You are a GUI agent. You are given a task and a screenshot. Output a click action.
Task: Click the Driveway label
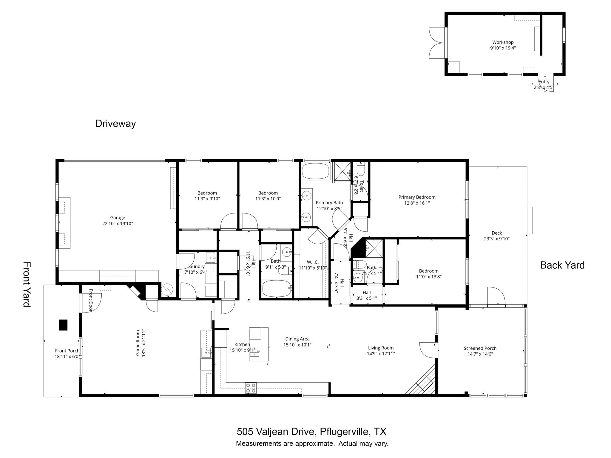point(115,123)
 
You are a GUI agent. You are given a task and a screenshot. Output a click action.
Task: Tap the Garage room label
point(118,218)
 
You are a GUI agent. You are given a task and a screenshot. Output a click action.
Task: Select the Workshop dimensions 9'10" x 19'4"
point(503,48)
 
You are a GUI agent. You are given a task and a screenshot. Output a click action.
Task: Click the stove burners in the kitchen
point(251,388)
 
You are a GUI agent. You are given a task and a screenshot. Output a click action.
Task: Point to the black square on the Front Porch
point(63,325)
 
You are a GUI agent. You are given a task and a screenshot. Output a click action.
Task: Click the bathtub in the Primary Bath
point(315,171)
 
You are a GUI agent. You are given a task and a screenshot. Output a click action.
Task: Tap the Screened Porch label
point(480,348)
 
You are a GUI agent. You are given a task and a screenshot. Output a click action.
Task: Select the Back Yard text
point(562,265)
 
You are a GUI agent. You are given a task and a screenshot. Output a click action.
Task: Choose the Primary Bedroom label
point(417,197)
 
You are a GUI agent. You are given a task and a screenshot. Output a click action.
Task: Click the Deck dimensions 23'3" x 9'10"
point(497,239)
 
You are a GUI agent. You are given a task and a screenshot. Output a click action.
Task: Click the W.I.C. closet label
point(312,262)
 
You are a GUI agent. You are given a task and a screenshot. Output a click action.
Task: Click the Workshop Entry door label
point(544,82)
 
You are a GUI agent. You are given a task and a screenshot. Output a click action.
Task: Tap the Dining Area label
point(297,339)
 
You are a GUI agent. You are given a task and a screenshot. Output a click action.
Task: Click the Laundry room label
point(196,266)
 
